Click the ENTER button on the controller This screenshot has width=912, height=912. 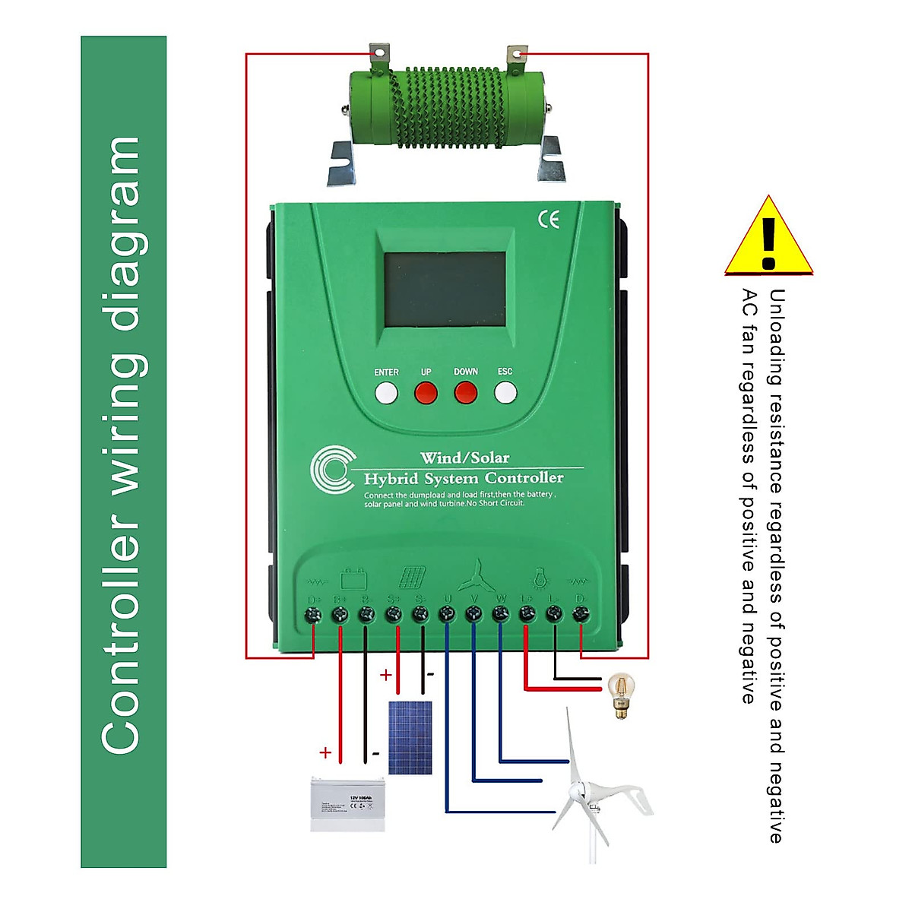point(386,392)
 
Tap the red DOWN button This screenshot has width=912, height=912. point(465,392)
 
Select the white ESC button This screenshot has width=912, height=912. point(505,392)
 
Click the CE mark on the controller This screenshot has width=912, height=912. point(549,220)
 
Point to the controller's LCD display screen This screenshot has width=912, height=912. point(445,290)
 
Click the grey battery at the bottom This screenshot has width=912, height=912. point(348,804)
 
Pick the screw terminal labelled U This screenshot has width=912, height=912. point(447,614)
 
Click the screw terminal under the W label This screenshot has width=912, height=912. point(500,614)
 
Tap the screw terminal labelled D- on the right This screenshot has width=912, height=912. point(581,614)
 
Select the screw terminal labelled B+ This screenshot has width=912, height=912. point(340,614)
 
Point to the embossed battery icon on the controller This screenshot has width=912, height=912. point(353,579)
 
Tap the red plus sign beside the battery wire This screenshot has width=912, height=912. point(325,753)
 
